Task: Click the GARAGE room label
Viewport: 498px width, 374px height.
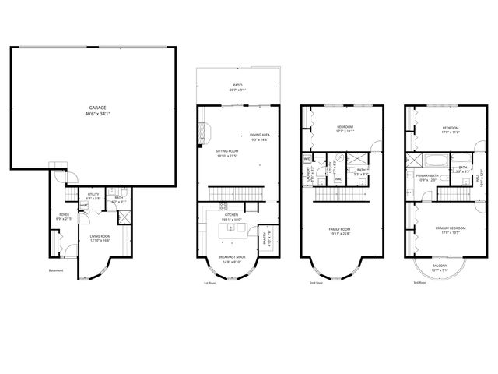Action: [97, 109]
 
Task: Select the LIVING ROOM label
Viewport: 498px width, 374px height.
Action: [98, 236]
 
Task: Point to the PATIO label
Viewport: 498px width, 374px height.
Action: [237, 86]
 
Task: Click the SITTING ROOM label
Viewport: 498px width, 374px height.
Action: [227, 150]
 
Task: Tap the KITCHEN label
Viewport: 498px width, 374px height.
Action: [231, 215]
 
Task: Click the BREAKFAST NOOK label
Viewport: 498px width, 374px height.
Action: [231, 257]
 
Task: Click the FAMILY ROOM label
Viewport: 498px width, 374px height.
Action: [341, 229]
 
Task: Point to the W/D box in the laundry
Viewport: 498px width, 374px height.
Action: [307, 159]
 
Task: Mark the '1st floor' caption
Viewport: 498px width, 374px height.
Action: [209, 283]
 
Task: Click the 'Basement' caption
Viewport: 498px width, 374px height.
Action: [56, 271]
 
